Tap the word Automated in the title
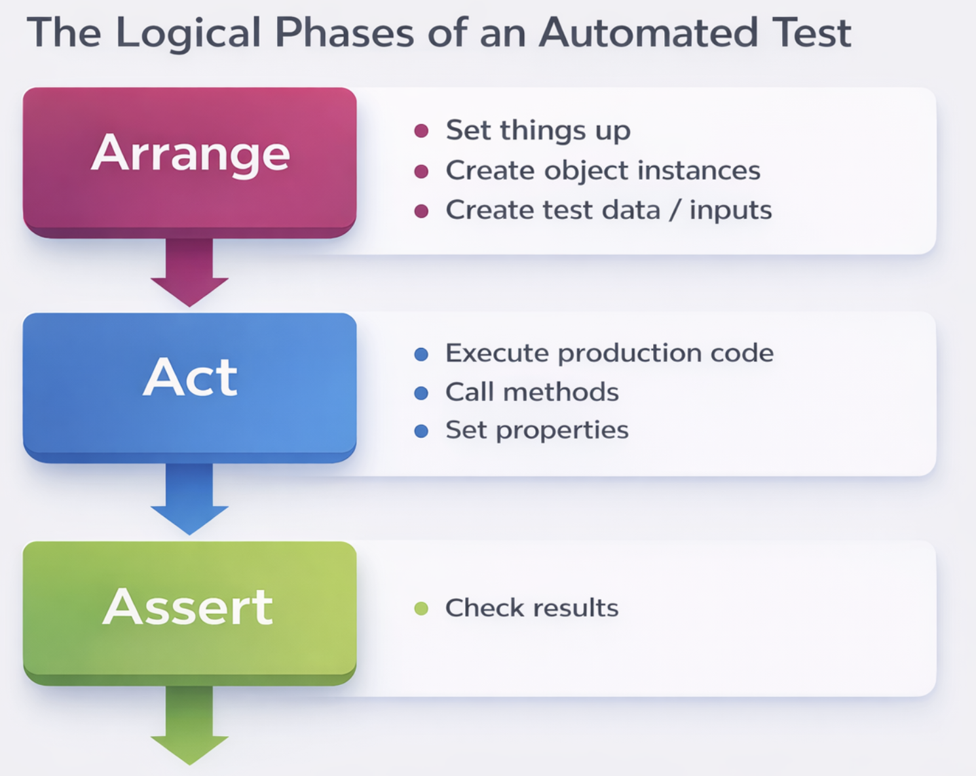click(648, 32)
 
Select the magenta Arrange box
click(189, 163)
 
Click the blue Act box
click(189, 388)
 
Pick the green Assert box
click(189, 613)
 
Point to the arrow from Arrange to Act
click(189, 273)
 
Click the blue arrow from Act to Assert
click(189, 499)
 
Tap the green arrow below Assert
click(189, 726)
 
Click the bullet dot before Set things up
click(421, 131)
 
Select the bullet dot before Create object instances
click(421, 172)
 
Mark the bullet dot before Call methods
click(421, 393)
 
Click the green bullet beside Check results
click(421, 609)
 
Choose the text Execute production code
click(610, 353)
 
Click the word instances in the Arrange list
click(699, 170)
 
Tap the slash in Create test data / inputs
click(675, 210)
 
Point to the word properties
click(563, 431)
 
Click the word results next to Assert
click(576, 608)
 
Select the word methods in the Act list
click(561, 392)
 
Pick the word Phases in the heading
click(345, 32)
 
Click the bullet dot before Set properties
click(421, 431)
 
